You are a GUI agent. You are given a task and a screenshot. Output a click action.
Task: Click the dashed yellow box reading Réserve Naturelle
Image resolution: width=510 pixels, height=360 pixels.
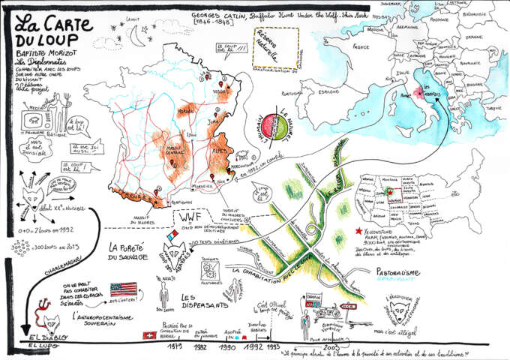click(274, 49)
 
